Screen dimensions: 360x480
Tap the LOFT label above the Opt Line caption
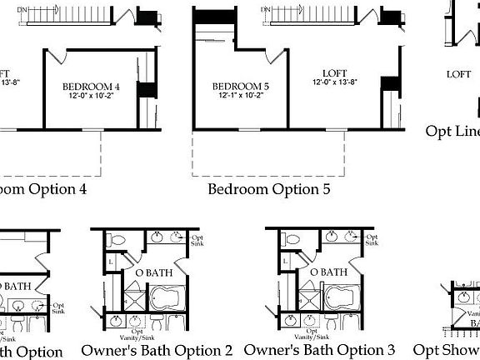tap(458, 74)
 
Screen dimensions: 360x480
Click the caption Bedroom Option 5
tap(268, 189)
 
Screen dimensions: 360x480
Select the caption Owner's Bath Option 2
tap(157, 350)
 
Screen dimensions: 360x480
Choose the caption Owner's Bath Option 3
tap(320, 350)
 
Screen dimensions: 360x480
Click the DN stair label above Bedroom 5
tap(267, 11)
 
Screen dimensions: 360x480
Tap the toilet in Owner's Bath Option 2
tap(118, 241)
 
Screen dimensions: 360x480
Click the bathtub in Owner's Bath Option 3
tap(339, 297)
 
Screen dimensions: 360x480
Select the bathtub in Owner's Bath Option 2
tap(176, 297)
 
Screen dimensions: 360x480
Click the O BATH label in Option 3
tap(328, 272)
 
